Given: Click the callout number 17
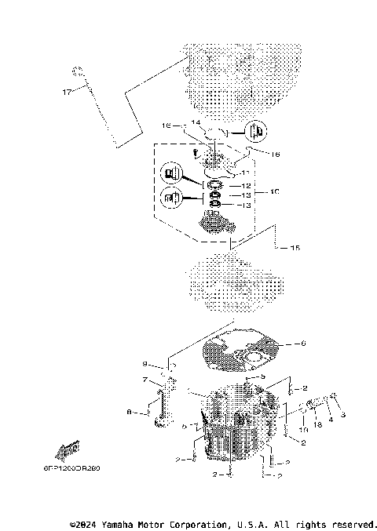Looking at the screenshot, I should click(x=68, y=92).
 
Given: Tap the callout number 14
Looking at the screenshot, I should click(x=196, y=123).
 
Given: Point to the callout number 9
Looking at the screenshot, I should click(x=145, y=363).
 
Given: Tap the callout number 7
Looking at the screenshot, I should click(x=145, y=381).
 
